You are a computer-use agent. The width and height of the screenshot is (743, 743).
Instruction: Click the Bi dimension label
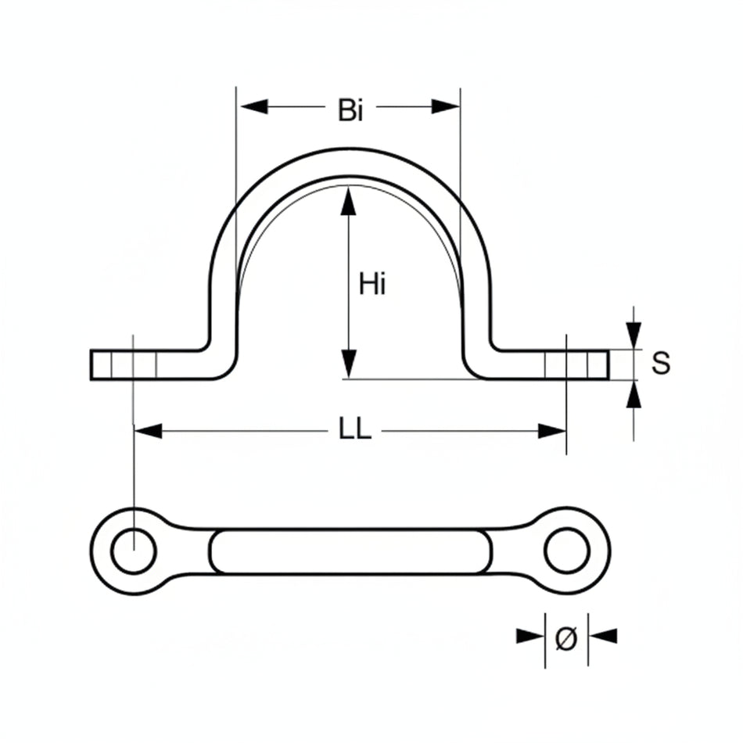(350, 110)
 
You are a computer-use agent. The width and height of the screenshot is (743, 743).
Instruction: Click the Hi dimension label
(372, 284)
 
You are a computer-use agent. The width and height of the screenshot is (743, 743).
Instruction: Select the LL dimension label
(354, 431)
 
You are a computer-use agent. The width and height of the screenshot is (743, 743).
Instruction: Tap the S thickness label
(661, 363)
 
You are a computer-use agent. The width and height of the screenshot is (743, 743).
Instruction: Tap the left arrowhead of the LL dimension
(149, 431)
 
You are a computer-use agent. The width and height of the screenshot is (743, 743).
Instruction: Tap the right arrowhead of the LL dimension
(551, 431)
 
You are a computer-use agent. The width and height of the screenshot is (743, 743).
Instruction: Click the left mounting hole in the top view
(134, 551)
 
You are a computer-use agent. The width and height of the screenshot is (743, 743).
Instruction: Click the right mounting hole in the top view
(566, 551)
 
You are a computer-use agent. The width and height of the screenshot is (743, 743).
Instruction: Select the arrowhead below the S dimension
(634, 395)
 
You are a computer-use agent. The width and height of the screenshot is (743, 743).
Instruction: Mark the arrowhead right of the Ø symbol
(602, 636)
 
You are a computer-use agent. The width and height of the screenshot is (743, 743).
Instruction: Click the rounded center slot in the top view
(350, 551)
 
